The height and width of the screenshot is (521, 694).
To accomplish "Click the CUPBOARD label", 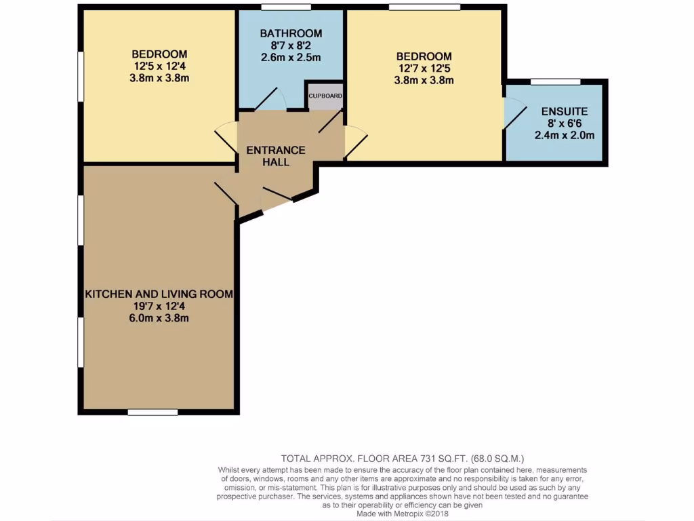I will pos(325,96).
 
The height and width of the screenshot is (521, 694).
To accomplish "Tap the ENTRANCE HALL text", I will pos(275,156).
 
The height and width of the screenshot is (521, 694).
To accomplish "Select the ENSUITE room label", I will pos(564,111).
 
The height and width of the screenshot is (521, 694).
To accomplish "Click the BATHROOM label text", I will pos(291,33).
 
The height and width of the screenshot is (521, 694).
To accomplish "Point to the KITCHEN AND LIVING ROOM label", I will pos(159,294).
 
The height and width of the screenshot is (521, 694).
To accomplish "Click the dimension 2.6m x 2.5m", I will pos(291,58).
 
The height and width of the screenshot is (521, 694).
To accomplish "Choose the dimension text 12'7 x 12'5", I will pos(424,68).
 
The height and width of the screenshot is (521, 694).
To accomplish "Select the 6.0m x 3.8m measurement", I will pos(159,318).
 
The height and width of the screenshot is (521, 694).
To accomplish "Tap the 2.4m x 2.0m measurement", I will pos(564,135).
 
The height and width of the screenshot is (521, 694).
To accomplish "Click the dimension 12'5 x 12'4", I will pos(159,66).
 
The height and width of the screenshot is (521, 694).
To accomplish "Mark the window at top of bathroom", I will pos(286,7).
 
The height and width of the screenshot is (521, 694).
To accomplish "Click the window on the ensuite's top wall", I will pos(555,82).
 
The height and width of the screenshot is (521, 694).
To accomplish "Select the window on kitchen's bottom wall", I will pos(152,411).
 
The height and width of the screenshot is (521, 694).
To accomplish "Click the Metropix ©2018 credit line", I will pos(403,514).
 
